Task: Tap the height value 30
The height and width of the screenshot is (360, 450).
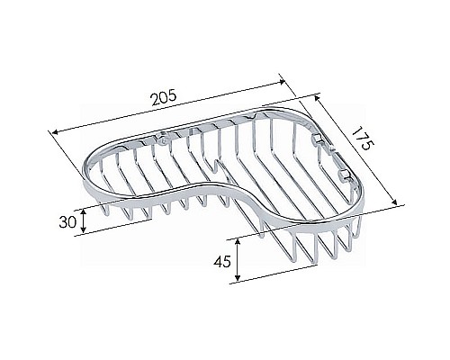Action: coord(65,220)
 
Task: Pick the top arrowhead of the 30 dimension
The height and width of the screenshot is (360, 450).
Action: coord(84,210)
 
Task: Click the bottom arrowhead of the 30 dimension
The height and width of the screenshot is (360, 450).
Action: coord(84,232)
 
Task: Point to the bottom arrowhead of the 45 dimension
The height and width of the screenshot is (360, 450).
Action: coord(237,280)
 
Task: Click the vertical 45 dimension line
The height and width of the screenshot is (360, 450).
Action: coord(237,261)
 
